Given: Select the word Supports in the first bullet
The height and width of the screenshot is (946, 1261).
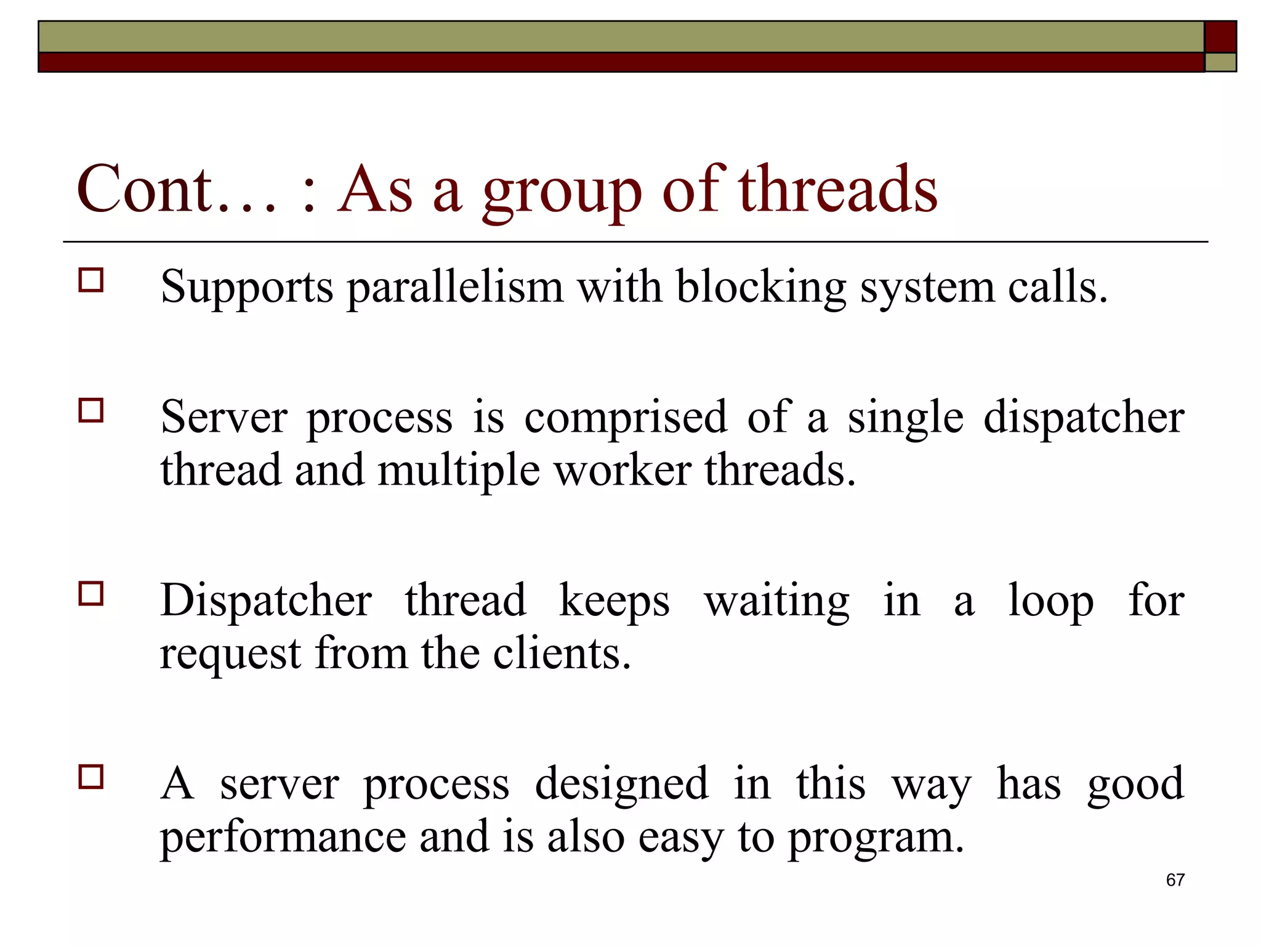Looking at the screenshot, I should pos(246,288).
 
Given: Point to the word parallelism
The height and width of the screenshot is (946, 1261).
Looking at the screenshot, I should pos(455,288).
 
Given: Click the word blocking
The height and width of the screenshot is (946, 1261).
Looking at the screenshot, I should pos(761,288).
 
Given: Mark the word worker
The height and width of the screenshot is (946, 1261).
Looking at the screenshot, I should pos(622,471).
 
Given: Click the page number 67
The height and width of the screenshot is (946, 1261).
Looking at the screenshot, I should pos(1175,880).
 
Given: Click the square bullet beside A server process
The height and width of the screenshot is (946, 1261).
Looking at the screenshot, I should pos(91,777).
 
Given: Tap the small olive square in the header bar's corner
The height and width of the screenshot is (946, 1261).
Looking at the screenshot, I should pos(1220,62).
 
